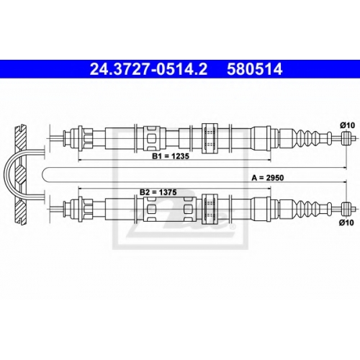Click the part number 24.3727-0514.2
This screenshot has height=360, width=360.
point(148,69)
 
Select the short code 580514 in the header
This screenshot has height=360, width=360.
point(255,69)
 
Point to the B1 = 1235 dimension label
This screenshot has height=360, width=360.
point(171,156)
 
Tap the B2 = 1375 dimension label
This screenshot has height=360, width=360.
point(158,192)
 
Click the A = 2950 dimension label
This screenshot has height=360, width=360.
point(268,178)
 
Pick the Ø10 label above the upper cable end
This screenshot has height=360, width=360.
point(347,125)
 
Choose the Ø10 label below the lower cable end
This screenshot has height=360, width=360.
point(346,222)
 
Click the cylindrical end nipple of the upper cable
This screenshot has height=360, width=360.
point(346,138)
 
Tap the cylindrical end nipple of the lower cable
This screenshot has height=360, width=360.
point(346,209)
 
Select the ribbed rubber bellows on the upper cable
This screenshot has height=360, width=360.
point(308,138)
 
